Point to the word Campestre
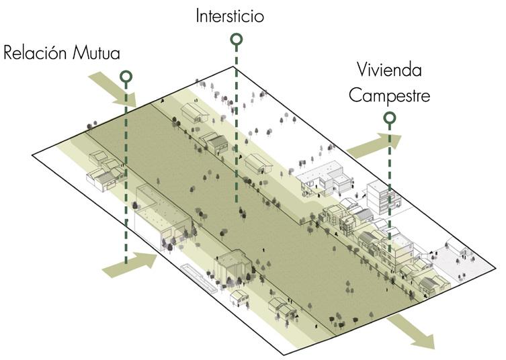pos(389,95)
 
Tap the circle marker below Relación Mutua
pos(125,77)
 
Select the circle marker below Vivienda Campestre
pos(389,119)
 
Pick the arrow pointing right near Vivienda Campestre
pos(374,145)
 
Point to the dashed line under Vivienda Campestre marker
pos(390,188)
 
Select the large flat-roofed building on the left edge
pos(163,216)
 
